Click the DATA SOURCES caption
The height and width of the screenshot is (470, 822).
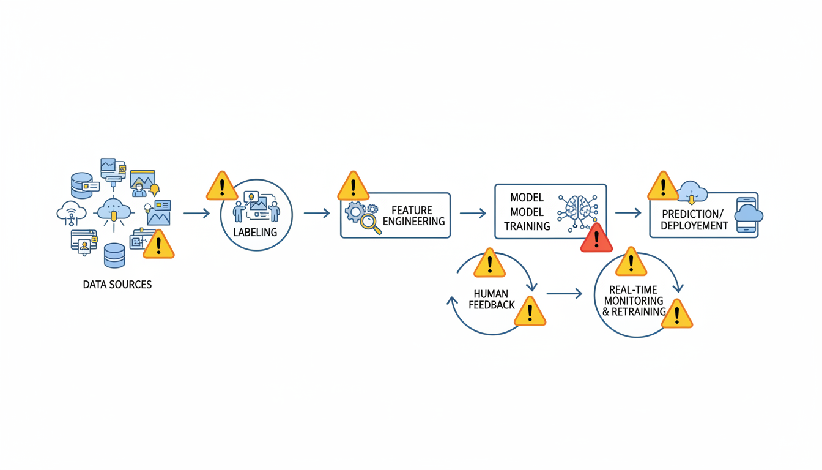pyautogui.click(x=117, y=285)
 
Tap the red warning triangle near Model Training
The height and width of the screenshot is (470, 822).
pyautogui.click(x=596, y=238)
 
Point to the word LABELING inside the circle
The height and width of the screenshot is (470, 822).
pyautogui.click(x=255, y=233)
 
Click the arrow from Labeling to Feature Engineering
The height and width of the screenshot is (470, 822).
pyautogui.click(x=316, y=213)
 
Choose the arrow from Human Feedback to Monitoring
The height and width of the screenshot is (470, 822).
pyautogui.click(x=564, y=294)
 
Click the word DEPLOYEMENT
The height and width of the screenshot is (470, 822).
pyautogui.click(x=694, y=226)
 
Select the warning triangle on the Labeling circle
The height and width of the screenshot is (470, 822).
pyautogui.click(x=221, y=186)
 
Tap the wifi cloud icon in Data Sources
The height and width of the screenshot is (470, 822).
pyautogui.click(x=71, y=211)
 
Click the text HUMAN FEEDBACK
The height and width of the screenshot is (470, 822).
pyautogui.click(x=491, y=299)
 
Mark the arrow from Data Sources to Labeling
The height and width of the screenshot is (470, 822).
pyautogui.click(x=196, y=213)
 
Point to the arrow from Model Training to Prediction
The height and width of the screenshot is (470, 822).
pyautogui.click(x=628, y=212)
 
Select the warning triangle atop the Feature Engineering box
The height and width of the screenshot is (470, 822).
pyautogui.click(x=353, y=186)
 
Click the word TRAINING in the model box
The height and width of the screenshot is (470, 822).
pyautogui.click(x=527, y=226)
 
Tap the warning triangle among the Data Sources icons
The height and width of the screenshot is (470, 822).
pyautogui.click(x=158, y=245)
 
